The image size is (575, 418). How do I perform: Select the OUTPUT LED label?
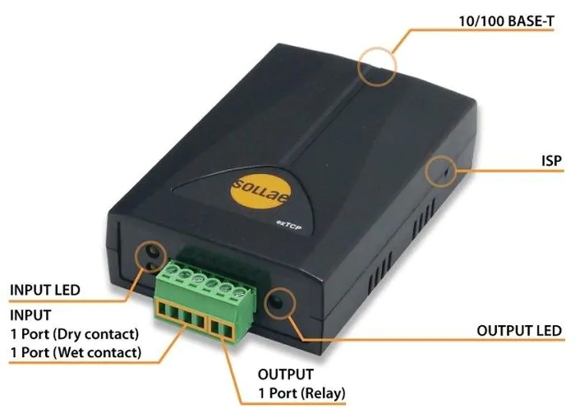pyautogui.click(x=519, y=331)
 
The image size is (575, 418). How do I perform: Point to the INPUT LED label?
pyautogui.click(x=44, y=290)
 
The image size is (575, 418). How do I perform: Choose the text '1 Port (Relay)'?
pyautogui.click(x=301, y=393)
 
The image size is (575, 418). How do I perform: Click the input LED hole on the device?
pyautogui.click(x=151, y=254)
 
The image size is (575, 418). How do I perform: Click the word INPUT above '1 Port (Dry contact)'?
pyautogui.click(x=30, y=315)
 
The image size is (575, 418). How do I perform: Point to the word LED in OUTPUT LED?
pyautogui.click(x=548, y=331)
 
